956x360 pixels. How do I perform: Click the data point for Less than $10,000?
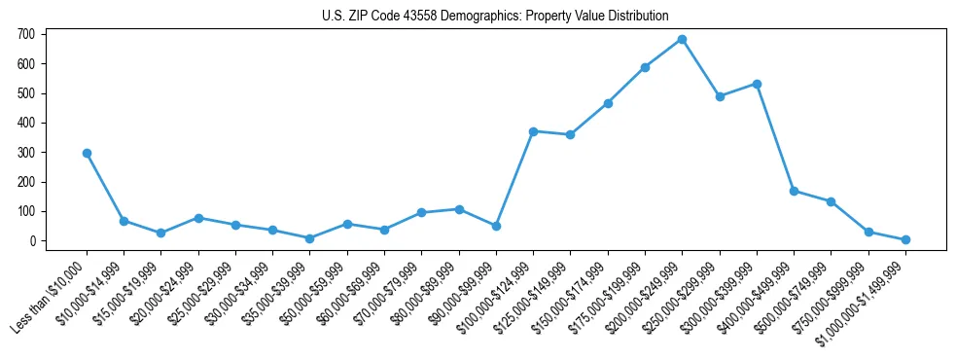pyautogui.click(x=87, y=153)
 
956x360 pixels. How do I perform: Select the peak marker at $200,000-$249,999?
pyautogui.click(x=682, y=40)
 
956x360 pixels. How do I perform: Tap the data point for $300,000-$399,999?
pyautogui.click(x=757, y=85)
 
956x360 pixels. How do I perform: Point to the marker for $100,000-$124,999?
pyautogui.click(x=533, y=131)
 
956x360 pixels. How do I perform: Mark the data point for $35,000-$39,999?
pyautogui.click(x=309, y=238)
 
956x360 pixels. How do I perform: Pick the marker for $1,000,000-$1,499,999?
pyautogui.click(x=905, y=239)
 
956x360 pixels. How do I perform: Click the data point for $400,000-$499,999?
pyautogui.click(x=794, y=192)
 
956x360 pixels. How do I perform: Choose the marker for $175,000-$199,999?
pyautogui.click(x=645, y=68)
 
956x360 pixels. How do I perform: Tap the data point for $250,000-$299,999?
pyautogui.click(x=720, y=96)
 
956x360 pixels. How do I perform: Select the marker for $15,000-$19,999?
pyautogui.click(x=161, y=234)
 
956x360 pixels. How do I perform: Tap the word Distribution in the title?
pyautogui.click(x=637, y=17)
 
